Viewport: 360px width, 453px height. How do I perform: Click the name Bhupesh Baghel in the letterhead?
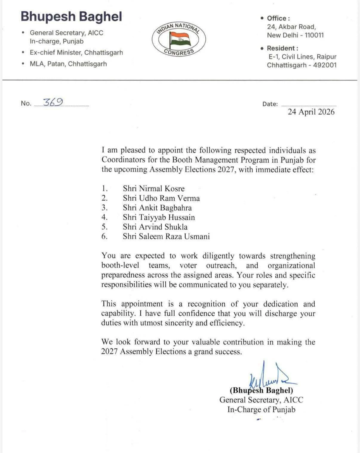tap(71, 16)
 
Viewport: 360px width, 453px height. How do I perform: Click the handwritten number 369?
tap(53, 102)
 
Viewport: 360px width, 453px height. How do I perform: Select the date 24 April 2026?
tap(311, 112)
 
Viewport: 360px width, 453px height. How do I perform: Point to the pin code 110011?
tap(314, 35)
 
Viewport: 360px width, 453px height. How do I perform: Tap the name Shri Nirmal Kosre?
tap(153, 188)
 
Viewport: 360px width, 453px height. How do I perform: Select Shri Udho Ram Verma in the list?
tap(161, 198)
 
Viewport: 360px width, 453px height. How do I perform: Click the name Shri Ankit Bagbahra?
tap(157, 208)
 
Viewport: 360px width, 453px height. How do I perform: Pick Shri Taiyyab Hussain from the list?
tap(159, 217)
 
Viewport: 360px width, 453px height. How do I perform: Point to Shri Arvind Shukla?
tap(155, 227)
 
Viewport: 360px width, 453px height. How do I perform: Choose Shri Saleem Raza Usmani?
tap(166, 236)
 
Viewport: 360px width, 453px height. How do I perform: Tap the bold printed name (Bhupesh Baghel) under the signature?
tap(261, 390)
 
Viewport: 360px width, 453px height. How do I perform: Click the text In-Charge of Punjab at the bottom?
tap(261, 409)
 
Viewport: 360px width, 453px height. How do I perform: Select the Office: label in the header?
tap(278, 18)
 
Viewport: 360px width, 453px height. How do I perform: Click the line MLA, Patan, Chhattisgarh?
tap(68, 64)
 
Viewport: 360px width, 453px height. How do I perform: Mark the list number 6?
tap(104, 236)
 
